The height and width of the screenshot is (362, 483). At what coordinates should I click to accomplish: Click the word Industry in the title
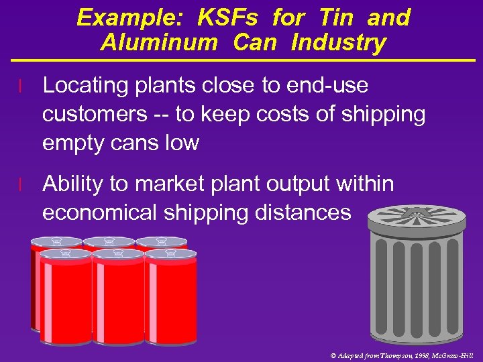(x=339, y=43)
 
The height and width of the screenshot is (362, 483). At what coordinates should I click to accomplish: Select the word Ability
(x=75, y=184)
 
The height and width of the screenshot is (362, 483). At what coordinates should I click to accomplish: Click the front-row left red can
(x=65, y=298)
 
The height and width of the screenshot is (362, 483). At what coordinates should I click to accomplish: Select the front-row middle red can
(x=118, y=298)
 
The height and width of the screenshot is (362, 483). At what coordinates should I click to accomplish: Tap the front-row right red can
(x=170, y=298)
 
